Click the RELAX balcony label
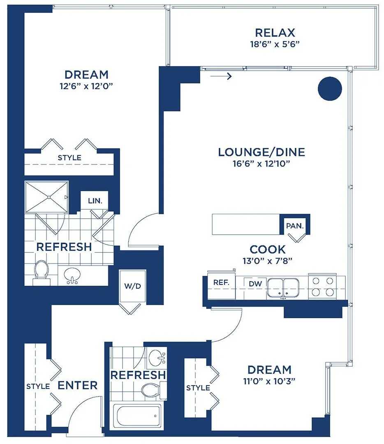tap(275, 32)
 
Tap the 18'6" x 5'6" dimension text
tap(275, 44)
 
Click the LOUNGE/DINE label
tap(261, 152)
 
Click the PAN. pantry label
tap(295, 226)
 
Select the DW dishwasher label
tap(253, 283)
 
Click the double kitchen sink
tap(284, 287)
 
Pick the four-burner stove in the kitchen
tap(323, 287)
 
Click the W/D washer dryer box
tap(132, 286)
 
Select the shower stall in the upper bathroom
tap(46, 197)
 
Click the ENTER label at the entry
tap(78, 385)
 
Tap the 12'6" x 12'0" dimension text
tap(86, 86)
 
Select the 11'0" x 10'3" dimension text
tap(270, 381)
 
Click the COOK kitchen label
tap(268, 249)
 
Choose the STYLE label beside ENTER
tap(38, 386)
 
